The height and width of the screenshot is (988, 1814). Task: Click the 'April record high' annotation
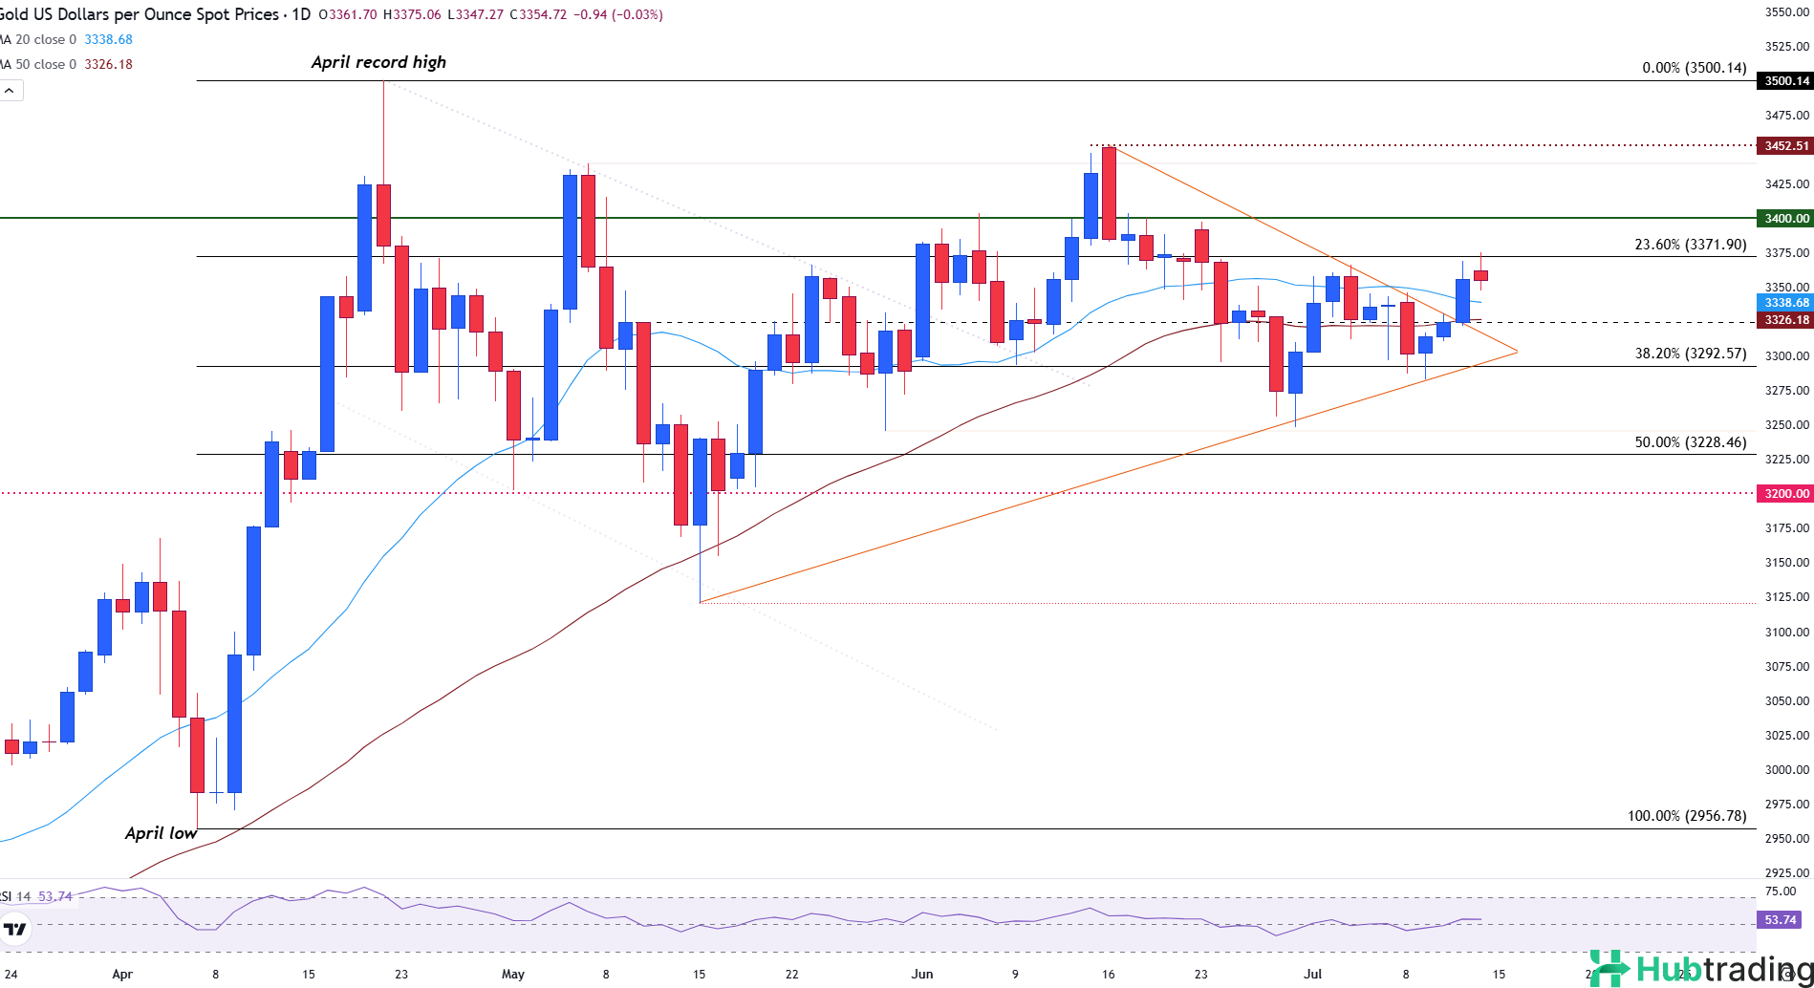[378, 62]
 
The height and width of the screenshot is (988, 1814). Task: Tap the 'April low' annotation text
[161, 833]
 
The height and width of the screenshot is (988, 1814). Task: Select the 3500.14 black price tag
[1785, 81]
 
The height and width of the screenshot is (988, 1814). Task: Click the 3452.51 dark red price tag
[1785, 146]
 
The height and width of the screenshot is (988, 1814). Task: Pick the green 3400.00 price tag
[1785, 219]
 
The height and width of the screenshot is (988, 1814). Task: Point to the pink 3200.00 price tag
[1785, 494]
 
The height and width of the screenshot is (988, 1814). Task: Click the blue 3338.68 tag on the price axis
[1785, 303]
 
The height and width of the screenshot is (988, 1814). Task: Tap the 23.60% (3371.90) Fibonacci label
[1690, 245]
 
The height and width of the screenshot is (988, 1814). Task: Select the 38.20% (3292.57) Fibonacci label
[1690, 354]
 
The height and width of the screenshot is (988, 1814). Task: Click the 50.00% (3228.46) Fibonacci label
[1690, 442]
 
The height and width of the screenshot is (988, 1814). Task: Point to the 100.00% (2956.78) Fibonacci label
[1686, 816]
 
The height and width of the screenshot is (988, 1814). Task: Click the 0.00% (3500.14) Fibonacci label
[1694, 68]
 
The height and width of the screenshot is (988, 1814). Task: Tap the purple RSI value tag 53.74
[1780, 920]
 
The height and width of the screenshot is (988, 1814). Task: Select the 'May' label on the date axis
[513, 975]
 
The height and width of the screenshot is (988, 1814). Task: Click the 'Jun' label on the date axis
[922, 975]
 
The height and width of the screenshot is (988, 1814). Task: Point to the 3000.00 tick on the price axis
[1786, 770]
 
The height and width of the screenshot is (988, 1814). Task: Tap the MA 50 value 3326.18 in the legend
[108, 64]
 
